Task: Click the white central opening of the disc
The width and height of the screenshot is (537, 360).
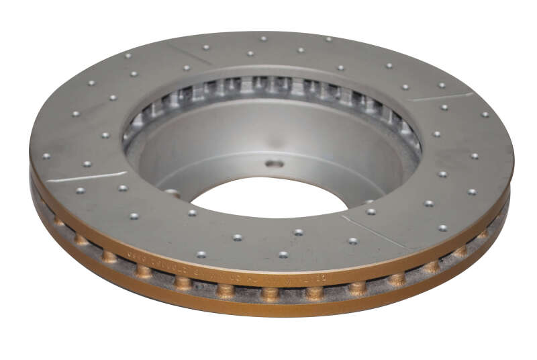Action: [x=268, y=197]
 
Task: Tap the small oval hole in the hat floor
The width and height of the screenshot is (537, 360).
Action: [x=274, y=163]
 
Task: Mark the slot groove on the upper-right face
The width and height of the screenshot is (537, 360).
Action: [x=440, y=97]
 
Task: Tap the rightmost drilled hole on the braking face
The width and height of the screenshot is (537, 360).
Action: [x=485, y=114]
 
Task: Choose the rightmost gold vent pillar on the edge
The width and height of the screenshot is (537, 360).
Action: [x=482, y=234]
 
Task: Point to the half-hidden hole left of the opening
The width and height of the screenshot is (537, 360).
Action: [x=173, y=193]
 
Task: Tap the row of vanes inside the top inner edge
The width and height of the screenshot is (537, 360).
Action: [x=268, y=87]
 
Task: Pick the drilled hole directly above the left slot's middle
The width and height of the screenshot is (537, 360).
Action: [x=87, y=164]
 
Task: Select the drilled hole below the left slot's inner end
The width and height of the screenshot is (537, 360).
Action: [x=123, y=188]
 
